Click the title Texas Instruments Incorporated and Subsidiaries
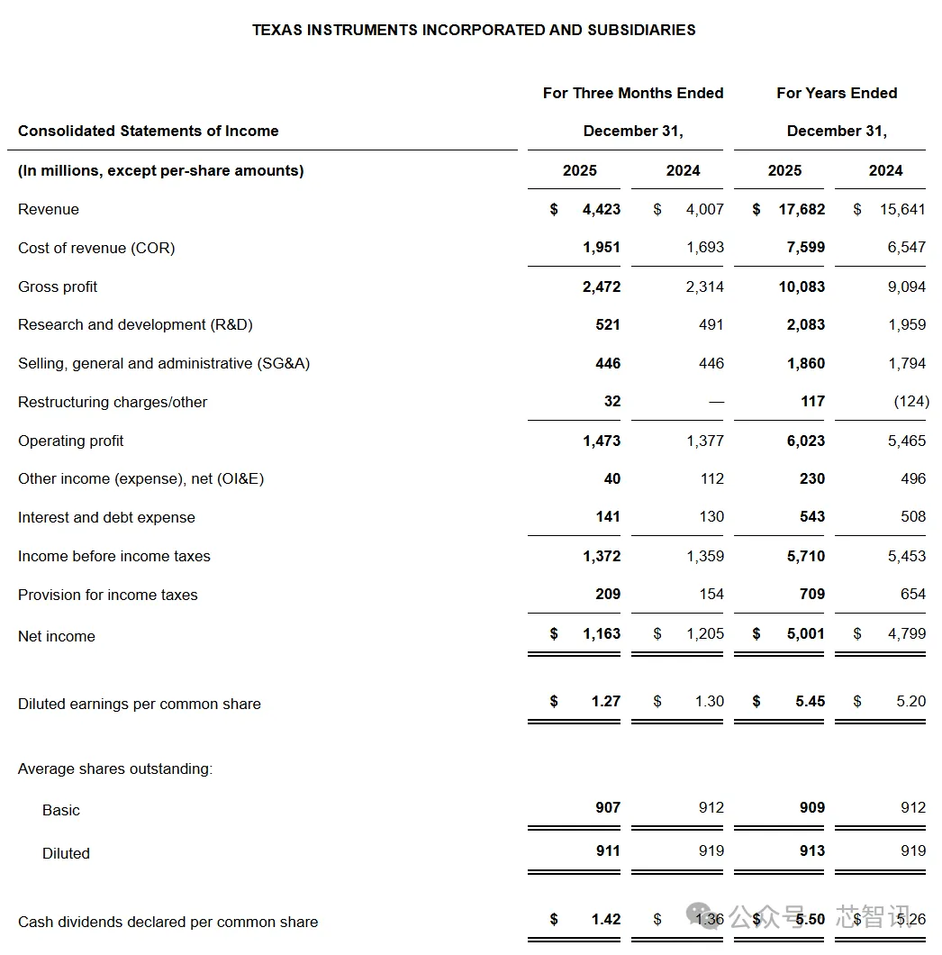click(474, 30)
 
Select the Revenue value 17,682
click(801, 209)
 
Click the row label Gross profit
click(58, 286)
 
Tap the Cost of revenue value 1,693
click(704, 247)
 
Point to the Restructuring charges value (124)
click(911, 401)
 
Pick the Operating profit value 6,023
click(805, 441)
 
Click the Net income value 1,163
click(602, 633)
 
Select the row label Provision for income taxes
click(107, 595)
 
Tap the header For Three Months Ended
click(633, 93)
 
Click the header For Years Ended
click(837, 93)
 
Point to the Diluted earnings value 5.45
click(810, 701)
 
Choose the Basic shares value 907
click(608, 807)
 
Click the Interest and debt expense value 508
click(912, 516)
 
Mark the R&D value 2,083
click(805, 324)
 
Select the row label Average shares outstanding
click(115, 769)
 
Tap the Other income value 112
click(711, 478)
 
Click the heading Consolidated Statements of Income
click(149, 131)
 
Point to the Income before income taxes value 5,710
click(805, 556)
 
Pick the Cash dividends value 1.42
click(606, 919)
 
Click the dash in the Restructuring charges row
click(716, 402)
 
